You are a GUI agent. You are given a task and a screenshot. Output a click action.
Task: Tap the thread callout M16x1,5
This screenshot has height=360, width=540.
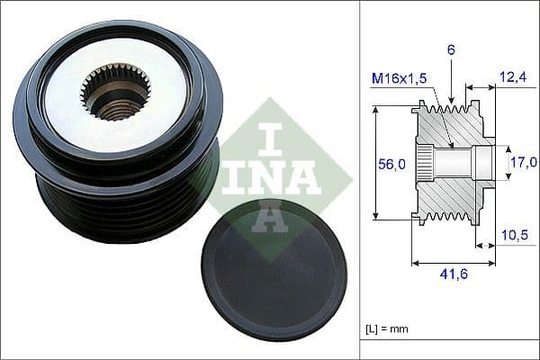tap(400, 79)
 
